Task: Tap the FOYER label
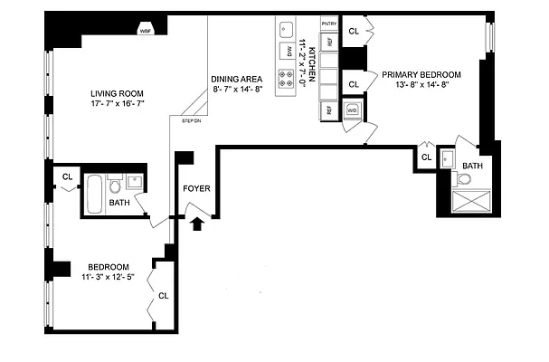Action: tap(197, 190)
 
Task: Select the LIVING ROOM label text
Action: tap(118, 93)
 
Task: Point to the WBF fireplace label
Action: tap(145, 31)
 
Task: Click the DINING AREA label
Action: tap(237, 79)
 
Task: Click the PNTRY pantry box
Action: tap(330, 22)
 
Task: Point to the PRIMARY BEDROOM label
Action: tap(421, 75)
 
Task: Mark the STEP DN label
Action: tap(191, 120)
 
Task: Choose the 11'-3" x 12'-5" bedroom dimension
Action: tap(109, 277)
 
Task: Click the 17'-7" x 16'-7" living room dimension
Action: tap(118, 105)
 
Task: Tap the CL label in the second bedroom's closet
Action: tap(163, 295)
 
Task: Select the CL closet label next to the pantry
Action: tap(354, 31)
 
